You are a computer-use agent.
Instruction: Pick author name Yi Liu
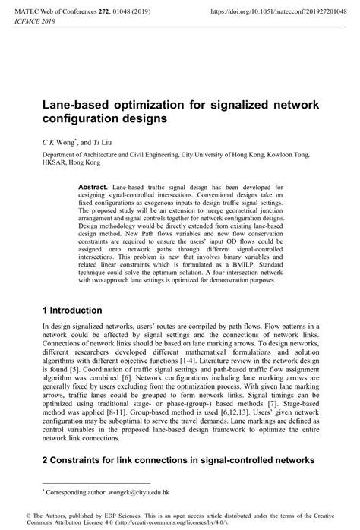pos(103,142)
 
